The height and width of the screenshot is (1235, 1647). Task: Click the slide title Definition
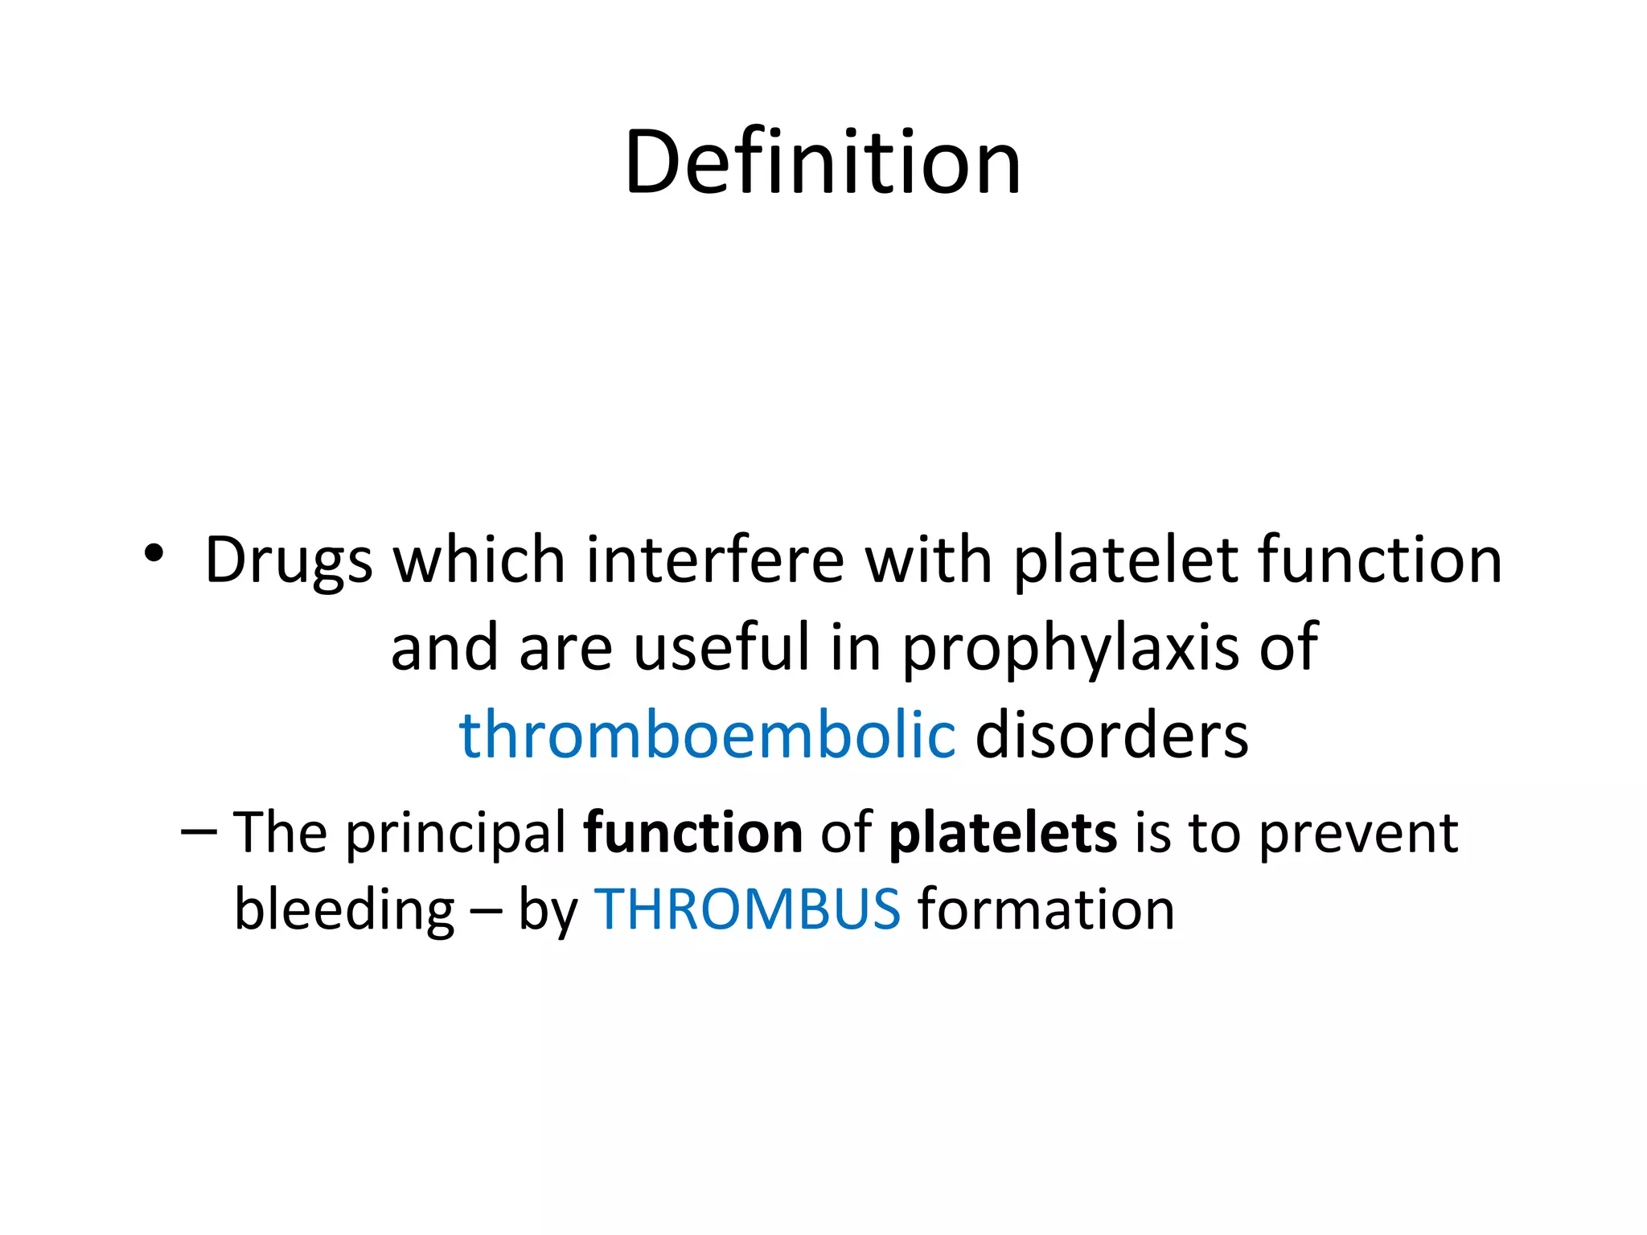822,162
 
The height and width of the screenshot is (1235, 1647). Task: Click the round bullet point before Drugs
154,553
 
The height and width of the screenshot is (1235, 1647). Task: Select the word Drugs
288,560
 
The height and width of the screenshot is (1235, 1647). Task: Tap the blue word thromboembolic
707,734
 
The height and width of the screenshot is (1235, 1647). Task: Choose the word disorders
1111,734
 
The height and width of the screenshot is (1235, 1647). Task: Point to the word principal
455,834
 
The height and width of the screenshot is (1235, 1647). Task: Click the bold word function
692,832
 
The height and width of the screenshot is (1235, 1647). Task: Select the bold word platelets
1002,832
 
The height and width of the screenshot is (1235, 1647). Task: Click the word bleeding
344,910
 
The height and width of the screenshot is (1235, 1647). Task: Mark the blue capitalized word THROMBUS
746,909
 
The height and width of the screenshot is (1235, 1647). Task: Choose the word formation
1045,909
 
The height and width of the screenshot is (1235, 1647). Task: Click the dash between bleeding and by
487,911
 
